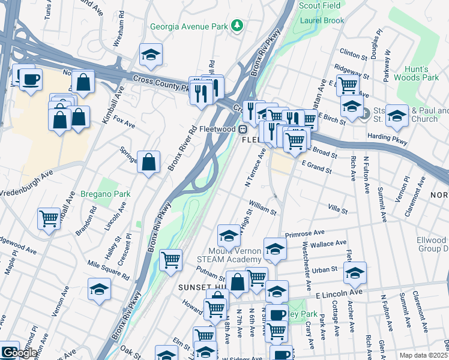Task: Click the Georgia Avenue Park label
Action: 190,26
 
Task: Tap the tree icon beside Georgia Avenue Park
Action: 238,25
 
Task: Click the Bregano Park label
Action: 106,195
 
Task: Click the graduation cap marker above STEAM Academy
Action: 229,235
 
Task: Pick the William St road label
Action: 263,208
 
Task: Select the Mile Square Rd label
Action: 108,269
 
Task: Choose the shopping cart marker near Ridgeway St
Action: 348,85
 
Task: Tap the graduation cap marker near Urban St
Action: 355,272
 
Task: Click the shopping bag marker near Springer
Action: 148,161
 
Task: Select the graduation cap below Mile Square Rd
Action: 99,289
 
